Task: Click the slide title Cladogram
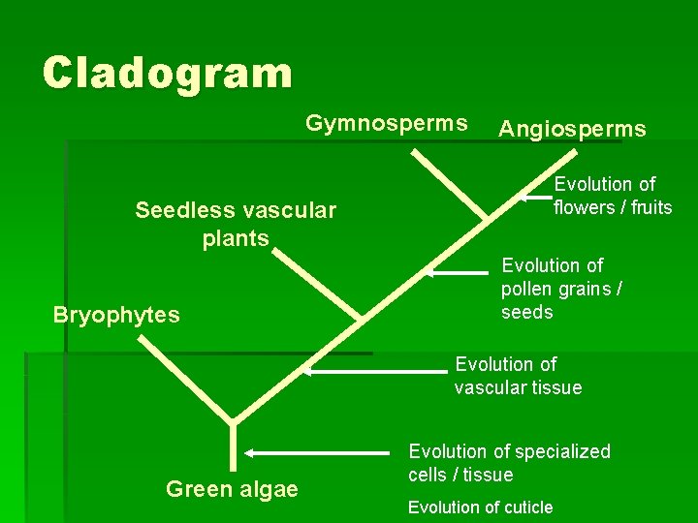pos(167,73)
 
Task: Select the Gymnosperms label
pos(387,124)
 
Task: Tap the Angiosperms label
pos(572,130)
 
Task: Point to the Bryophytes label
pos(116,316)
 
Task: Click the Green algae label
pos(232,489)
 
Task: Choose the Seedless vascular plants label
pos(236,224)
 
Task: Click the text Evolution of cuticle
pos(480,508)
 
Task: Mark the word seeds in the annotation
pos(527,312)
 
